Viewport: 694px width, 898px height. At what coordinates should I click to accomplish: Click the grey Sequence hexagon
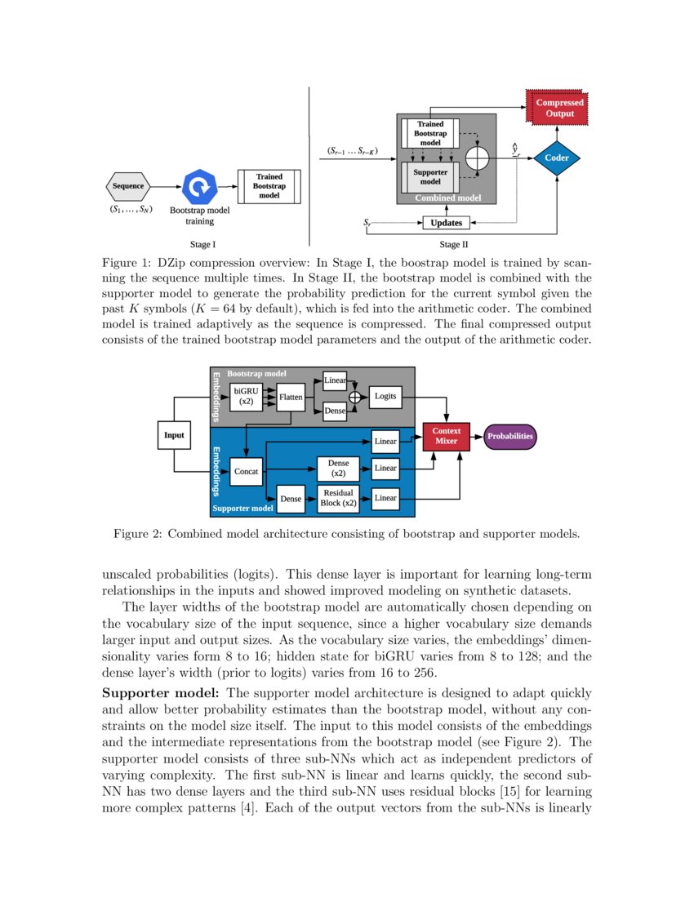[127, 186]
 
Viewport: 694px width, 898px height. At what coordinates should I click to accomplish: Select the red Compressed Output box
[559, 109]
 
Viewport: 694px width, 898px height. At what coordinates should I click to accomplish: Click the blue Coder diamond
[557, 157]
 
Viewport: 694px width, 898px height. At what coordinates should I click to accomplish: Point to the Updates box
[446, 223]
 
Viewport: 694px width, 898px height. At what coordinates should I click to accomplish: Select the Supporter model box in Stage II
[430, 176]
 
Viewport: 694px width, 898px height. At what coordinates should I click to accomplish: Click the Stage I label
[202, 244]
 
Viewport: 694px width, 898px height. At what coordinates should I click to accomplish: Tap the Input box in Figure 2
[174, 435]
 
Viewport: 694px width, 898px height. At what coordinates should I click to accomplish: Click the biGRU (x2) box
[246, 398]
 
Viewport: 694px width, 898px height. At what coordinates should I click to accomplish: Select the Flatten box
[291, 398]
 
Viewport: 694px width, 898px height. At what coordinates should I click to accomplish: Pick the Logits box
[385, 397]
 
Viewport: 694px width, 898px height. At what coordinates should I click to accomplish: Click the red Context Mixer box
[446, 436]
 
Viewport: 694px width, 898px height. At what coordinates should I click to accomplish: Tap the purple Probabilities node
[510, 436]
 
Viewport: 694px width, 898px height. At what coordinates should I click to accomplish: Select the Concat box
[246, 472]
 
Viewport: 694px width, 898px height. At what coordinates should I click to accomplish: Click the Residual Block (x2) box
[338, 498]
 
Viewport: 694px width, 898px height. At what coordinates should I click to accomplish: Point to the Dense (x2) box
[338, 468]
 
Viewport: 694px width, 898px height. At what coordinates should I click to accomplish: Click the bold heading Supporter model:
[154, 693]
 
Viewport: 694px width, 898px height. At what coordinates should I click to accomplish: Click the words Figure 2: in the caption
[138, 535]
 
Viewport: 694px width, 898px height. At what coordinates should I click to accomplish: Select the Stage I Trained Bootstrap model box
[269, 187]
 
